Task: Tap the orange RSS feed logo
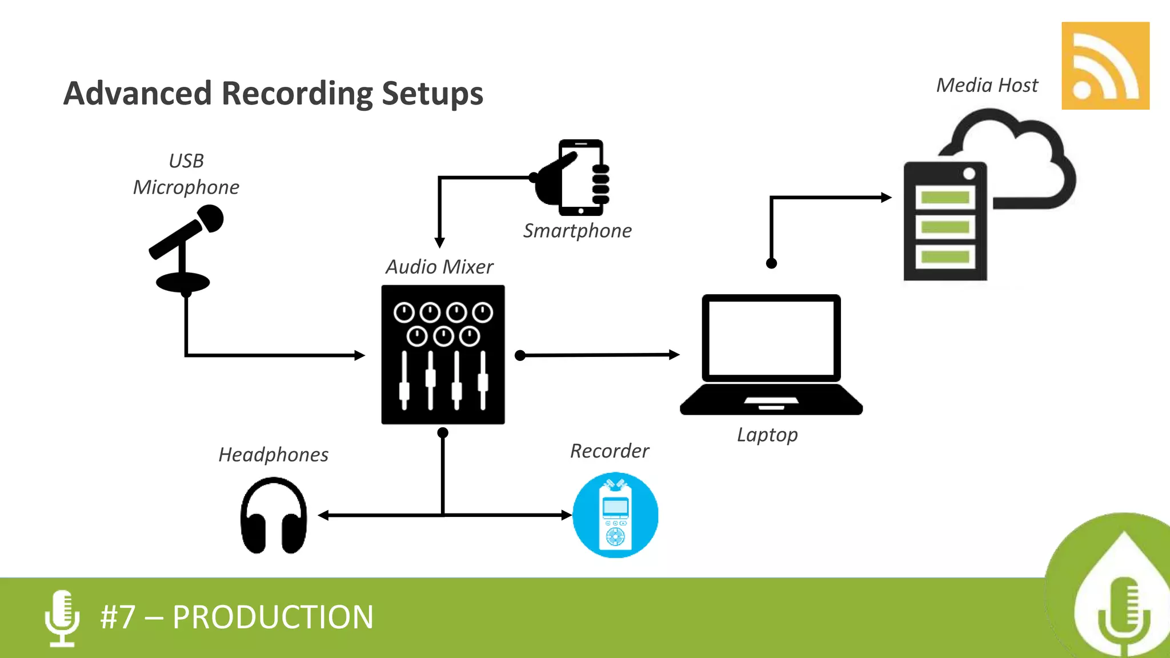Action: [x=1105, y=66]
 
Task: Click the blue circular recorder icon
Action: [x=615, y=515]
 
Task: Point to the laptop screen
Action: [x=771, y=338]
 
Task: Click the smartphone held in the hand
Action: [x=580, y=178]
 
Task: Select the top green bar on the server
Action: [x=945, y=198]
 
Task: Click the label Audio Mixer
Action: [x=439, y=267]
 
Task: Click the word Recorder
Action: [x=610, y=451]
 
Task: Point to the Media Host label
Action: [x=987, y=85]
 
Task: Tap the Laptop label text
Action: [x=767, y=435]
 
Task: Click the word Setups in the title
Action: [x=432, y=93]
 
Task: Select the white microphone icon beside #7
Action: [x=62, y=617]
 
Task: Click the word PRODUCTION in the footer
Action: [x=273, y=617]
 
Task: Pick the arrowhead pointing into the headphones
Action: [x=323, y=515]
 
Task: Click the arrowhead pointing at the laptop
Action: [x=674, y=355]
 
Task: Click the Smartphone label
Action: [x=577, y=231]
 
